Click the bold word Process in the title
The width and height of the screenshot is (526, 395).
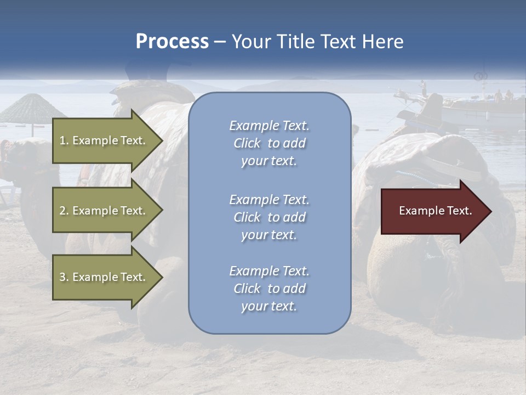point(172,42)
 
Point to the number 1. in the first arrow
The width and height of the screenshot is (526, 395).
point(64,140)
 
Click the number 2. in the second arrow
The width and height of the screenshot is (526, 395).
point(64,211)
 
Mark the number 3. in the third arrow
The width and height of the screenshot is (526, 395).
point(64,277)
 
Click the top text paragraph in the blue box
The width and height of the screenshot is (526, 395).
point(269,143)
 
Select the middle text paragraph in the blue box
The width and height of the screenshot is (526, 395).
point(269,217)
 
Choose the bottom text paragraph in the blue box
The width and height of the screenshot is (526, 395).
point(269,289)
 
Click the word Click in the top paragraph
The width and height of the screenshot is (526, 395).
point(247,143)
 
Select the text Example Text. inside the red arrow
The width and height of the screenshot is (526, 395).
point(436,211)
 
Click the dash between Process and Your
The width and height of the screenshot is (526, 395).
point(220,42)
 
